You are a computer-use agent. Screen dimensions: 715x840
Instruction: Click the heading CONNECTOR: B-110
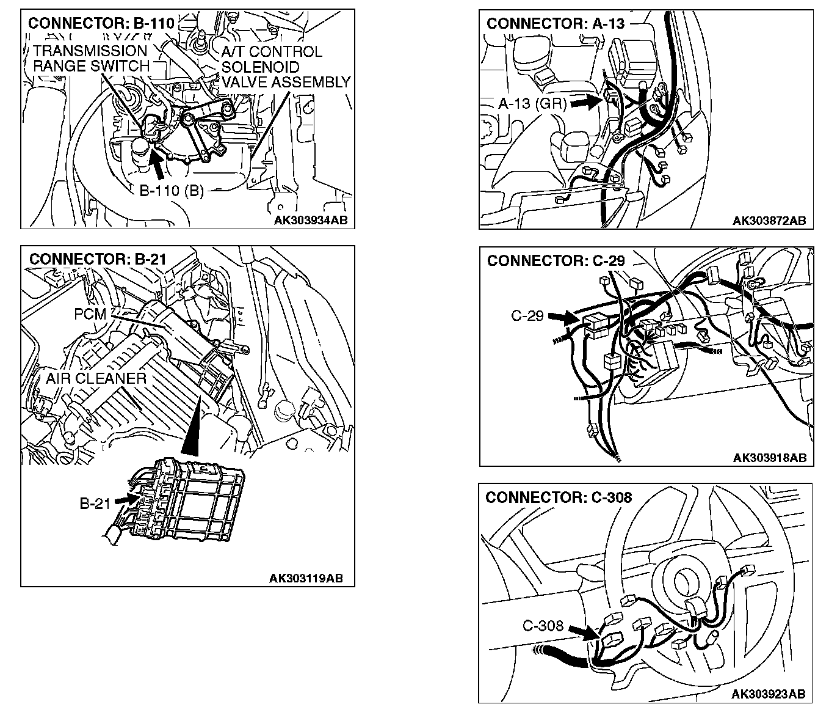[101, 23]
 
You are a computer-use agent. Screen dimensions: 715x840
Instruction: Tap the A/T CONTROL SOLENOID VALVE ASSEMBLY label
[286, 67]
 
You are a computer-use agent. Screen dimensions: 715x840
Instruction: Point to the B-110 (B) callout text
[172, 191]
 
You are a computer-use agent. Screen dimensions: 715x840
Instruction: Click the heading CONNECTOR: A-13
[556, 23]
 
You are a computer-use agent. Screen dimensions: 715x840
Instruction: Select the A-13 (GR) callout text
[532, 103]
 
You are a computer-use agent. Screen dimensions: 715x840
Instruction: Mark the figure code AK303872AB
[769, 220]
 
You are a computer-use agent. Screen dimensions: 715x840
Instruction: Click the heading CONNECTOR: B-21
[98, 258]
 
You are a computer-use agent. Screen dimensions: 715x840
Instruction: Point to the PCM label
[90, 314]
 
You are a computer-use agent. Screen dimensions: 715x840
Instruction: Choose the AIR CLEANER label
[96, 378]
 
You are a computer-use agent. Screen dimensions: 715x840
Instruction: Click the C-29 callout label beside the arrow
[527, 316]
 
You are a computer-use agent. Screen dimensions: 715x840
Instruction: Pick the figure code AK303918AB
[769, 457]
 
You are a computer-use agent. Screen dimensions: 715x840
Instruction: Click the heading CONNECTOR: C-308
[558, 497]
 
